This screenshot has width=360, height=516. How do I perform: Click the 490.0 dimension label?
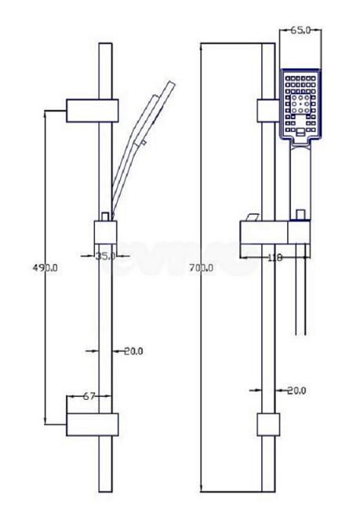click(x=45, y=268)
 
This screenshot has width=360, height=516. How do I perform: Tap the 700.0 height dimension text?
click(x=201, y=268)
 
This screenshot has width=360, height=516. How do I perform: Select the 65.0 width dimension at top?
click(x=300, y=31)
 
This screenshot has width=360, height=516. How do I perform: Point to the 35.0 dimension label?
click(x=105, y=256)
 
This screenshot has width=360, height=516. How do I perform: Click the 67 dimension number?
click(x=89, y=396)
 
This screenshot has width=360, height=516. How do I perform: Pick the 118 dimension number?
click(x=275, y=257)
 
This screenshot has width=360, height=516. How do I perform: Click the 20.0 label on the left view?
click(x=133, y=351)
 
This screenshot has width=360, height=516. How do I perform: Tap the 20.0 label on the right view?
click(x=296, y=391)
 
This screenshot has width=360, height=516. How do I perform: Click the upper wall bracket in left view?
click(x=92, y=111)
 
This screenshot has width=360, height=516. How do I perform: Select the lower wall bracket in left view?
click(x=92, y=424)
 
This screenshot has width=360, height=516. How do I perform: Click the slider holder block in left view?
click(x=106, y=232)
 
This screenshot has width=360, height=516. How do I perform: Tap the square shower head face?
click(x=300, y=105)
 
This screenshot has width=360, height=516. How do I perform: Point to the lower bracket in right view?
click(x=268, y=424)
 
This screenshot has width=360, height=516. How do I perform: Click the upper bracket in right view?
click(x=268, y=111)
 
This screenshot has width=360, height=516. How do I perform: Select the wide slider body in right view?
click(x=275, y=233)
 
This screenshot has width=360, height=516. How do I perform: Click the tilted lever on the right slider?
click(x=252, y=217)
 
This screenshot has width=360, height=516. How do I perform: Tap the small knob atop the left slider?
click(x=105, y=216)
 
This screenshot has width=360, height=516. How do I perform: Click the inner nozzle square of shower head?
click(x=300, y=104)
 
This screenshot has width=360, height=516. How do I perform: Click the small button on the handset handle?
click(x=144, y=142)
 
